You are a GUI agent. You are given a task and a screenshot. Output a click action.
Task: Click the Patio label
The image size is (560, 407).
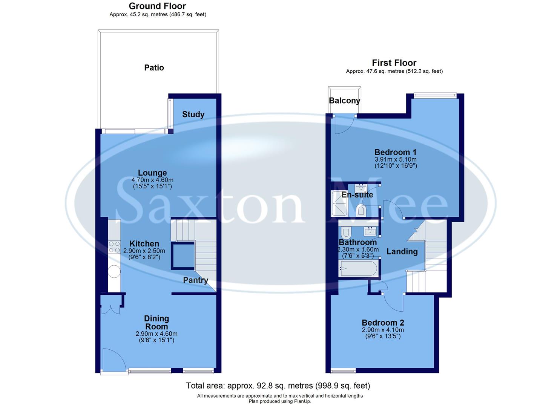pos(154,68)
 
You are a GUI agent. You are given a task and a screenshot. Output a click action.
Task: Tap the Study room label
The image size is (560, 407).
pos(193,115)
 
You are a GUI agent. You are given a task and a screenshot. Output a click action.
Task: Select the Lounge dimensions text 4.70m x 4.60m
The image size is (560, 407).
pos(152,180)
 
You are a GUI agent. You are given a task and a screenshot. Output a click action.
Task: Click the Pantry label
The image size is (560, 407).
pos(195,280)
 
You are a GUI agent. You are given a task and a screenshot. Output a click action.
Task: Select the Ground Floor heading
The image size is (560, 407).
pos(157,6)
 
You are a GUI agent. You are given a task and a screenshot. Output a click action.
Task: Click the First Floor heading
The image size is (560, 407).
pos(394,63)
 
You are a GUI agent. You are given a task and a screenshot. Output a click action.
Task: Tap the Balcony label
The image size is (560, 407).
pos(344,101)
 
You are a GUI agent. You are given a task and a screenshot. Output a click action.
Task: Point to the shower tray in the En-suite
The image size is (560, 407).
pos(339,204)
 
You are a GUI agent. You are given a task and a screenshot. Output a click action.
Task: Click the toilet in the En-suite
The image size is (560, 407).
pos(361,210)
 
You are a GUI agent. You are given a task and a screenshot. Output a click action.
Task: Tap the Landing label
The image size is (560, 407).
pos(402,252)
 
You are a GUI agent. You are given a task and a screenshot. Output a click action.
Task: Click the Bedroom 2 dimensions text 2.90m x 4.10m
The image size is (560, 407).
pos(383,330)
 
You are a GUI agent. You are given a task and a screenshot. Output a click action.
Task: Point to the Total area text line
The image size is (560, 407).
pos(278,386)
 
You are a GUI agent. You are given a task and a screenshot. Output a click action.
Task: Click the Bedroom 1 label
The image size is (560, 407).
pos(395,153)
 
